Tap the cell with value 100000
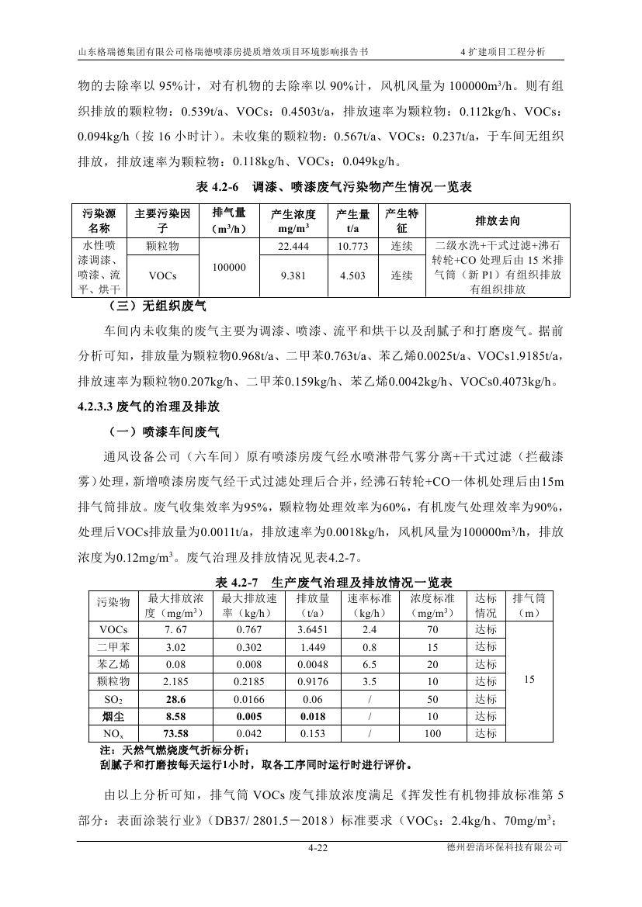click(x=229, y=267)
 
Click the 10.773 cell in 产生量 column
click(x=352, y=246)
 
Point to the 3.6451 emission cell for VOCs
click(x=312, y=629)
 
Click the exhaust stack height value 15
click(x=529, y=680)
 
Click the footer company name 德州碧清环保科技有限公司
click(x=500, y=849)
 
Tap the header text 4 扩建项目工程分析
click(x=503, y=52)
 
